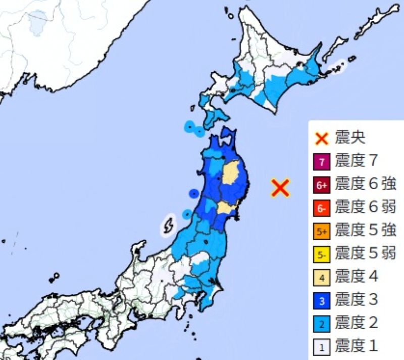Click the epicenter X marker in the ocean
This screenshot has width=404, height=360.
pyautogui.click(x=280, y=188)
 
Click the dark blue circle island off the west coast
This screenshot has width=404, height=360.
pyautogui.click(x=193, y=193)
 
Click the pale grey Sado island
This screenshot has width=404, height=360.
pyautogui.click(x=168, y=225)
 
